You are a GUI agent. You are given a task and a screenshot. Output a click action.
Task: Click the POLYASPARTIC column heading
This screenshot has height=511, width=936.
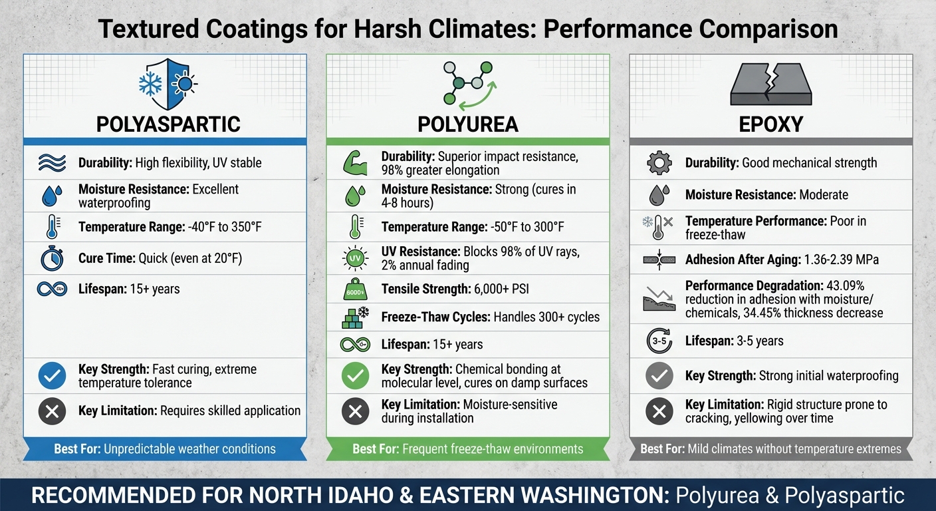(168, 124)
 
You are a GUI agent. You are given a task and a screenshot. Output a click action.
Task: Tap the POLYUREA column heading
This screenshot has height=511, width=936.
(468, 124)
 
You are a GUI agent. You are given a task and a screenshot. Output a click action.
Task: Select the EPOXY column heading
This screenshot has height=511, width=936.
(771, 124)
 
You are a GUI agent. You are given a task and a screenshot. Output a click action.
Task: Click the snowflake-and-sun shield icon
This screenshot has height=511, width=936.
(165, 85)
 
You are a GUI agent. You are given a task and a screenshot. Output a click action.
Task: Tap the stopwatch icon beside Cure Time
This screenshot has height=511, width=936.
(52, 258)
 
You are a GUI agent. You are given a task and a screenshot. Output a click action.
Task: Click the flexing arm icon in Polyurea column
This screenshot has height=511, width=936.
(354, 164)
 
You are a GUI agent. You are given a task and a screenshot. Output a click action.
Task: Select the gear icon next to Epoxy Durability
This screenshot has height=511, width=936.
(659, 163)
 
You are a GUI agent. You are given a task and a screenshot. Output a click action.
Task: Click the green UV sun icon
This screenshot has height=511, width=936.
(354, 258)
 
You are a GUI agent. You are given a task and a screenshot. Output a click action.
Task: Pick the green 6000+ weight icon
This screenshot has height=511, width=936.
(354, 289)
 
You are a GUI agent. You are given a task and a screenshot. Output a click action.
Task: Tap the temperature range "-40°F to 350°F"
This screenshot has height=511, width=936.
(225, 228)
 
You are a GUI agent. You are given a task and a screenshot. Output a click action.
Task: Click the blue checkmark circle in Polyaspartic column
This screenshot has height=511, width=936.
(52, 377)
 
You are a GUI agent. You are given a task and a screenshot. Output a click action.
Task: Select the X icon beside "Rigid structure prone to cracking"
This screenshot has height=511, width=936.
(659, 412)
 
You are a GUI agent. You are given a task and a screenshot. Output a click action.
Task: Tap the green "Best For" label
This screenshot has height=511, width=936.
(375, 449)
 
